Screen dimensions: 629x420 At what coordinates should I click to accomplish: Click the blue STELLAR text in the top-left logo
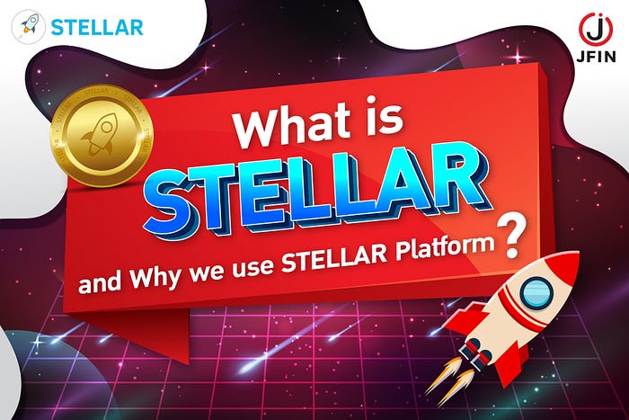97,28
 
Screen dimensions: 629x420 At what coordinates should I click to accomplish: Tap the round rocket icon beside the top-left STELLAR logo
28,27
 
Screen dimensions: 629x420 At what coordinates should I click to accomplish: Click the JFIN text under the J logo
596,57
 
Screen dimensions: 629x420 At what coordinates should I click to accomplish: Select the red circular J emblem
596,29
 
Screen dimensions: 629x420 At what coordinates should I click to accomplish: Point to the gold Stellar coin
102,136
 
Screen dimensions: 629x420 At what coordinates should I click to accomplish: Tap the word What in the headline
292,124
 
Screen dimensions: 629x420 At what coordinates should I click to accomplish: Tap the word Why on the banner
155,276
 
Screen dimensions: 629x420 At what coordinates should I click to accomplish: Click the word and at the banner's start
100,281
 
